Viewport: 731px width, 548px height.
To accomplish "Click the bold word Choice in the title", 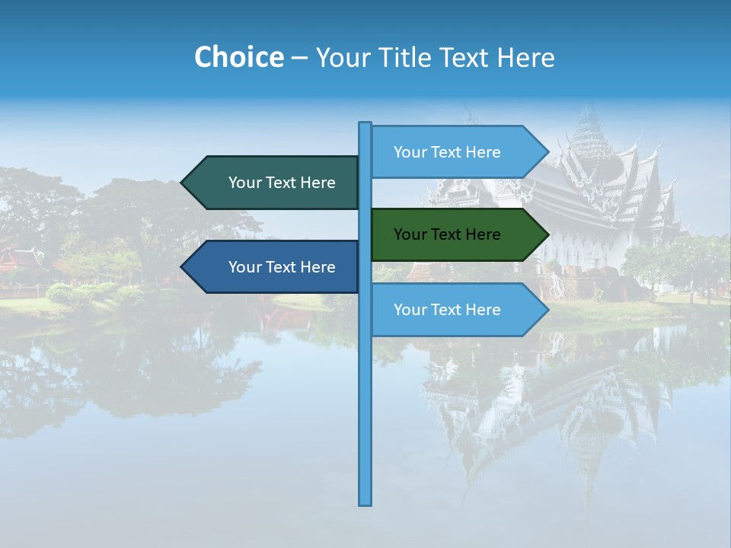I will click(x=238, y=57).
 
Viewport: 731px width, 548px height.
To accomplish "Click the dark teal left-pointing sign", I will click(x=274, y=183).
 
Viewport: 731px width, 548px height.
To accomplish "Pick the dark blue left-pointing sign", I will click(x=274, y=267).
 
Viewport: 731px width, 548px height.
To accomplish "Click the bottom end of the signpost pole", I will click(x=365, y=502).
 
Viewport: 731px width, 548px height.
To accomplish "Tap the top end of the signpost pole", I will click(x=365, y=124).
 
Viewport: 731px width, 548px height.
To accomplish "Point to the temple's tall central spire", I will click(x=588, y=122).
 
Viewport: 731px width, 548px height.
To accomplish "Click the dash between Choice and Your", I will click(x=299, y=58).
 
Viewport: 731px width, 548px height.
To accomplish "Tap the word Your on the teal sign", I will click(x=245, y=183).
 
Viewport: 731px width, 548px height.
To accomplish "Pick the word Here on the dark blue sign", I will click(x=318, y=267).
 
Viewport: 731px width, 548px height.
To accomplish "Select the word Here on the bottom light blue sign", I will click(x=483, y=310).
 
